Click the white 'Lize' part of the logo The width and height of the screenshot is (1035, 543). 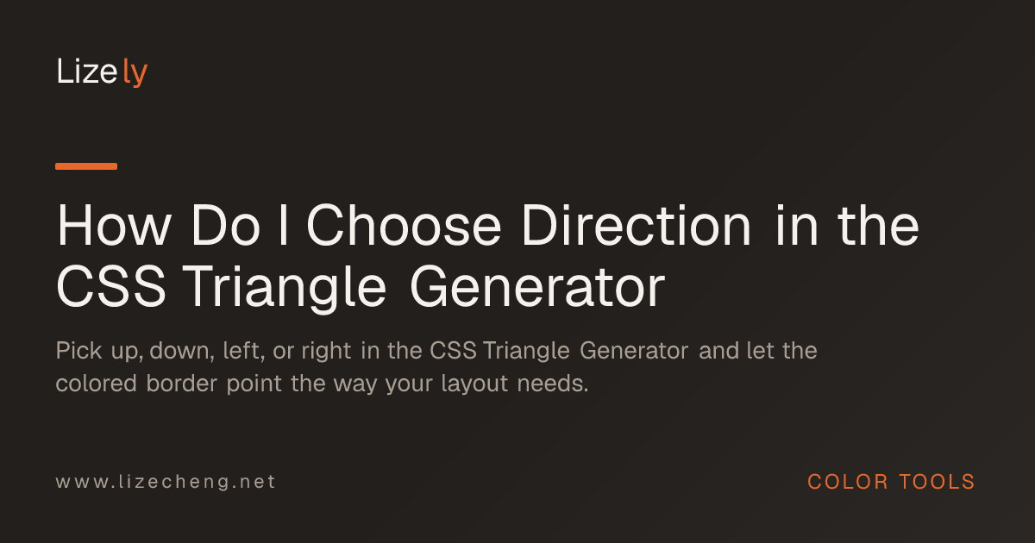[x=86, y=72]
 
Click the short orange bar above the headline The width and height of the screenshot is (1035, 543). [x=86, y=166]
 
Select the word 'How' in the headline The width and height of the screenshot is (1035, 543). [x=114, y=226]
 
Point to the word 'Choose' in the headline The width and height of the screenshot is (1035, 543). [x=404, y=226]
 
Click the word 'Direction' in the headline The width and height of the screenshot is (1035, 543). [x=637, y=226]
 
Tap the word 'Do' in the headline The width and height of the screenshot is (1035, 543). [x=225, y=226]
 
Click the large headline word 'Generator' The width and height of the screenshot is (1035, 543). [x=537, y=287]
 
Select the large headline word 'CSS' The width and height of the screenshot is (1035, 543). [x=111, y=287]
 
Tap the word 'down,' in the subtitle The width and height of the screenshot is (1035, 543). [x=182, y=351]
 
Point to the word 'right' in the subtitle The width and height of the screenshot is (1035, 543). [x=326, y=352]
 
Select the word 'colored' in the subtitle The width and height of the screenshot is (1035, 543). [x=96, y=384]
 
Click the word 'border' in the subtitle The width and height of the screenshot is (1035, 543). [x=182, y=384]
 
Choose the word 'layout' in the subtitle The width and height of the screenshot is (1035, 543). [x=474, y=384]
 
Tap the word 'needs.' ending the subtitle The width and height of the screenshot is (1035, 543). [x=553, y=384]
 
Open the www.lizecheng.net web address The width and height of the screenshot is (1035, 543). [x=166, y=482]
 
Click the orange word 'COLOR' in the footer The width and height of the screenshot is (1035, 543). [x=847, y=482]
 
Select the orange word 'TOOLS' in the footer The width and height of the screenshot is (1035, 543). [x=937, y=482]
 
